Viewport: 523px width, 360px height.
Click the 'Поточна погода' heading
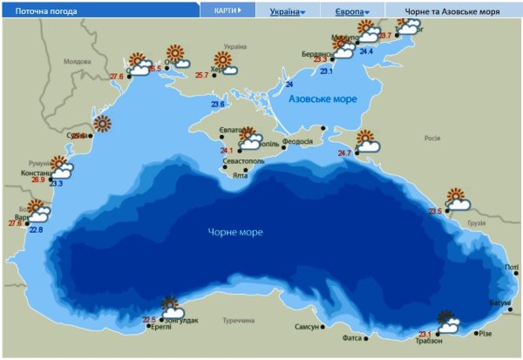coord(42,12)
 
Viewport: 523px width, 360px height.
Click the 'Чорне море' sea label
coord(235,232)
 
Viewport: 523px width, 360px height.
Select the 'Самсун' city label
coord(307,327)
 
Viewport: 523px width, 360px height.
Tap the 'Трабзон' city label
coord(429,341)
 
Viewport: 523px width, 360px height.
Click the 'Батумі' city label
coord(499,302)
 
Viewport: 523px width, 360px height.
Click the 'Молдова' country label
coord(77,62)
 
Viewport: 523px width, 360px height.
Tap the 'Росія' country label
coord(431,138)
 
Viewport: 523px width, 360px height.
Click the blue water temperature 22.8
coord(36,229)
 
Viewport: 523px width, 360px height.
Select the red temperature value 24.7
coord(343,153)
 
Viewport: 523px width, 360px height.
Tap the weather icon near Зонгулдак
coord(171,308)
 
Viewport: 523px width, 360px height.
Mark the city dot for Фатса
coord(366,337)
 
